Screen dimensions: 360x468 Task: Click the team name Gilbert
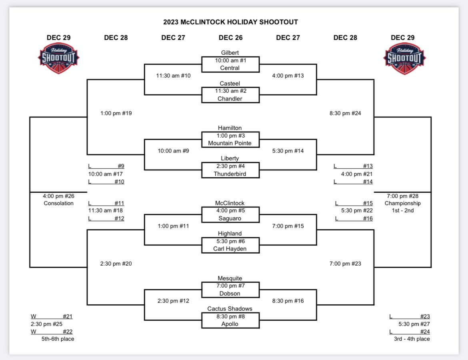pos(230,52)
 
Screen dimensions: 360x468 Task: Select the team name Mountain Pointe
pos(230,143)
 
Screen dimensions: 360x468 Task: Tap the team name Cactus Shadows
pos(230,309)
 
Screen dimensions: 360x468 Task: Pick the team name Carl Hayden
pos(230,249)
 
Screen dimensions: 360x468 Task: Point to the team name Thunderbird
pos(230,174)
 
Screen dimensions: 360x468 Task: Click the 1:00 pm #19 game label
pos(116,113)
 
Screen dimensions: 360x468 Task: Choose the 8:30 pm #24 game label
pos(345,113)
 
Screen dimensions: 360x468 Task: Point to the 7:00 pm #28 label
pos(402,196)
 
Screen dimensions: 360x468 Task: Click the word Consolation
pos(59,203)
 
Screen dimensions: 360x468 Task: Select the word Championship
pos(402,203)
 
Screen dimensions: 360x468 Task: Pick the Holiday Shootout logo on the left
pos(58,58)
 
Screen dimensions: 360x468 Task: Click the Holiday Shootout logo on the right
pos(404,58)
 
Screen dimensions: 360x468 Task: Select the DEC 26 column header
pos(230,38)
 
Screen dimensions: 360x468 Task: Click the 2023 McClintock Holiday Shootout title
pos(230,22)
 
